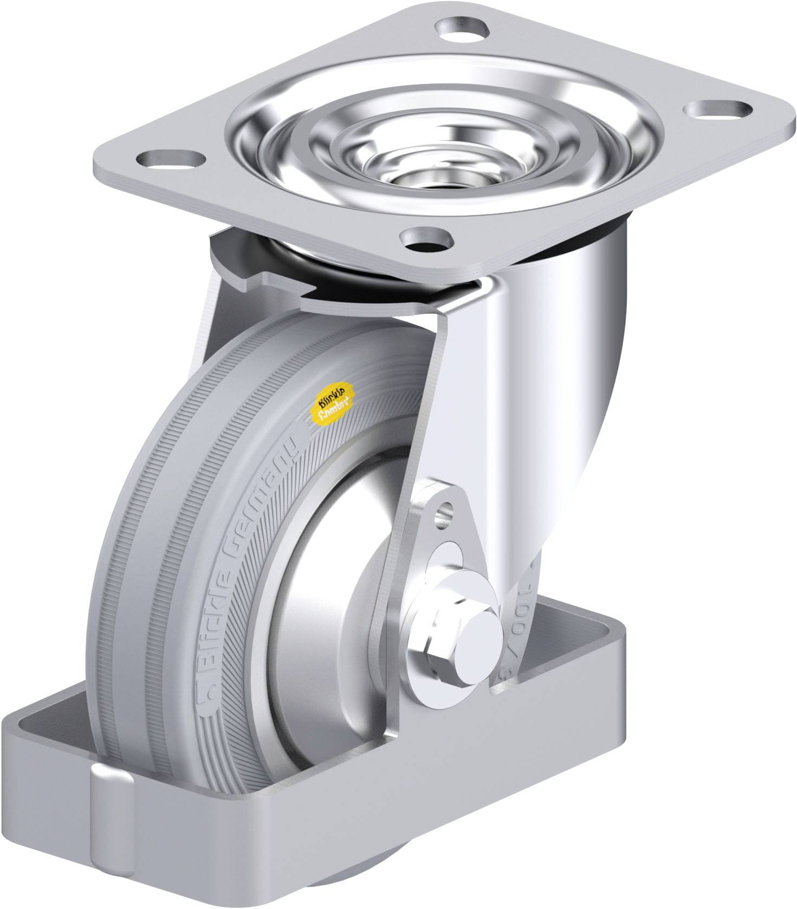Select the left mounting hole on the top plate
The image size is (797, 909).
167,159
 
